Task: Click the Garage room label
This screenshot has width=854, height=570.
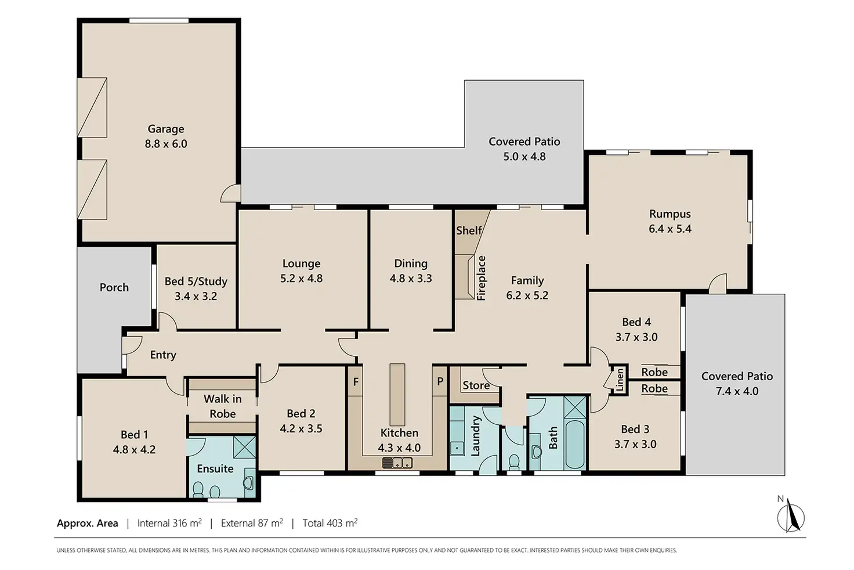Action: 166,129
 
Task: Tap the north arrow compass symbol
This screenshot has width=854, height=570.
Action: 791,517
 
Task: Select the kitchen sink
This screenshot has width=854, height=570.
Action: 397,463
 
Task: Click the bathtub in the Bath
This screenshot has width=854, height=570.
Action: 575,445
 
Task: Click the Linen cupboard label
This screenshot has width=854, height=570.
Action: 620,380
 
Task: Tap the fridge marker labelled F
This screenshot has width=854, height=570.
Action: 355,381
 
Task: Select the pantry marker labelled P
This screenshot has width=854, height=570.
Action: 440,381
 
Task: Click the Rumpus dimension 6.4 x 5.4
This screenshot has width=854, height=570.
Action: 670,229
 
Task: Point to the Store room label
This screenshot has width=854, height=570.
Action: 476,385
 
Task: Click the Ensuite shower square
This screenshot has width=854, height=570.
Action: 244,447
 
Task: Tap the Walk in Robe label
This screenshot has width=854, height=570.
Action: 223,406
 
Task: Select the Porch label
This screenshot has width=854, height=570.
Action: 114,287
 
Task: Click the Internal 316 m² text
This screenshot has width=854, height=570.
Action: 169,522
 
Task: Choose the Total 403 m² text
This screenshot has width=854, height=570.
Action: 330,522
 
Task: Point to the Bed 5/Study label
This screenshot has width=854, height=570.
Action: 196,282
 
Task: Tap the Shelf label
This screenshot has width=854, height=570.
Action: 469,230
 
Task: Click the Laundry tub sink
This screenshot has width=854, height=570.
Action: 457,449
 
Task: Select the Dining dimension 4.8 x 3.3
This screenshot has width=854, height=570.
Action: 411,279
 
